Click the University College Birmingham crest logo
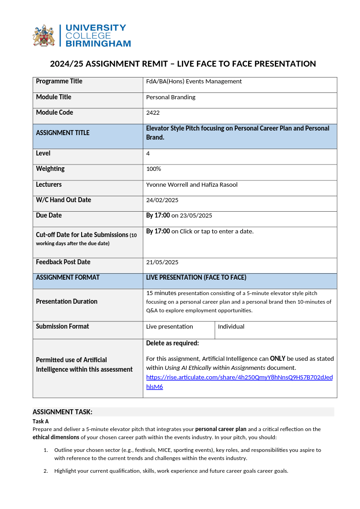pyautogui.click(x=44, y=35)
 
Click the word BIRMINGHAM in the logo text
pyautogui.click(x=98, y=44)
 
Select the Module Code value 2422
pyautogui.click(x=153, y=113)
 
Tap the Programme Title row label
pyautogui.click(x=59, y=82)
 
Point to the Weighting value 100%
pyautogui.click(x=154, y=169)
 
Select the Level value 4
pyautogui.click(x=148, y=154)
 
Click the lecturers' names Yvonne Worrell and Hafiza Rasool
pyautogui.click(x=192, y=184)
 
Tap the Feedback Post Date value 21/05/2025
pyautogui.click(x=162, y=262)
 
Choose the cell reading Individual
pyautogui.click(x=231, y=326)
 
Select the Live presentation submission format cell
pyautogui.click(x=170, y=326)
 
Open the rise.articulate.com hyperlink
pyautogui.click(x=239, y=378)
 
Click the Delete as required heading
pyautogui.click(x=172, y=343)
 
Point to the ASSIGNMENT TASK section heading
pyautogui.click(x=63, y=412)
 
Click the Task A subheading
pyautogui.click(x=40, y=422)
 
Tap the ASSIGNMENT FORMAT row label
pyautogui.click(x=68, y=277)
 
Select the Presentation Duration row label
pyautogui.click(x=67, y=301)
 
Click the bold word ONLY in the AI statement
pyautogui.click(x=277, y=359)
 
